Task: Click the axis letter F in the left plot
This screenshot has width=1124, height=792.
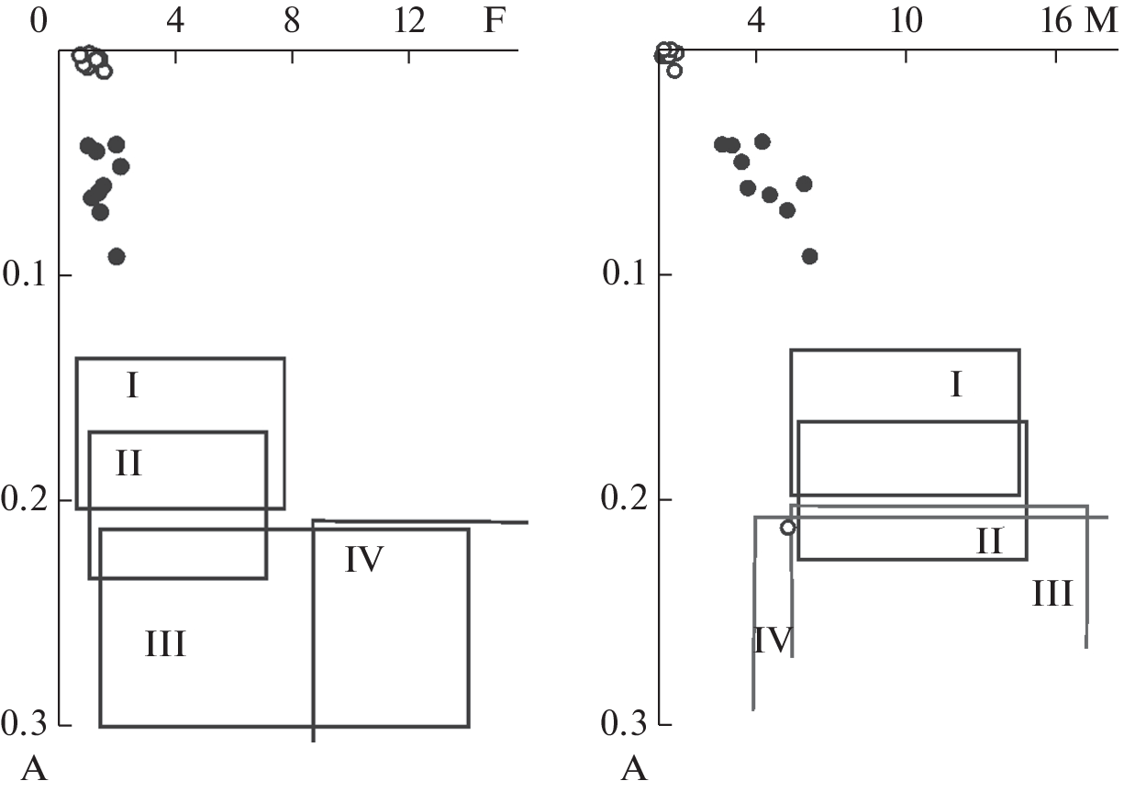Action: point(494,21)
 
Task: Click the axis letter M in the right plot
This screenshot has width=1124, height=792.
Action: point(1103,21)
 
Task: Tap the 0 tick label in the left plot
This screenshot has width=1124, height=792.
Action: point(39,21)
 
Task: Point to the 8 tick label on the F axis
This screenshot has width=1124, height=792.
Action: point(292,21)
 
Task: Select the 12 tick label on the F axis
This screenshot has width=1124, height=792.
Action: point(409,21)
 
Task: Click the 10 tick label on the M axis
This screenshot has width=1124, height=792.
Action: point(906,21)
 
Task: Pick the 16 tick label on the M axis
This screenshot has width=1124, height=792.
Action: point(1056,21)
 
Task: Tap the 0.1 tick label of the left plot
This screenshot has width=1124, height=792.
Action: point(25,274)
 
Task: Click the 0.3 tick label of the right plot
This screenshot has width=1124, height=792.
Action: point(623,724)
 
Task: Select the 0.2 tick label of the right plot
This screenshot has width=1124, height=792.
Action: point(623,499)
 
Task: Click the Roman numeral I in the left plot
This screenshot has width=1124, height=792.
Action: point(132,385)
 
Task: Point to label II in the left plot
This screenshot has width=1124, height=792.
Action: point(128,463)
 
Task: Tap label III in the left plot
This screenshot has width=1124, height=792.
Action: point(165,644)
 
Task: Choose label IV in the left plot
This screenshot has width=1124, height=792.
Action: point(364,559)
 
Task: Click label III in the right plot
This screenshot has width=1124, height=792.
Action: point(1052,593)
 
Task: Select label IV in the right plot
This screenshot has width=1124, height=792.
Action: point(773,640)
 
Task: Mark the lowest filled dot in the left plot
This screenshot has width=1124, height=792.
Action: point(117,256)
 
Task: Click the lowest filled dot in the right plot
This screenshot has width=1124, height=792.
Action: point(809,256)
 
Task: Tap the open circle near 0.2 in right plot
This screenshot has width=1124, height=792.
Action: point(788,528)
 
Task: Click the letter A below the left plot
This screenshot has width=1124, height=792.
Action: point(34,768)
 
